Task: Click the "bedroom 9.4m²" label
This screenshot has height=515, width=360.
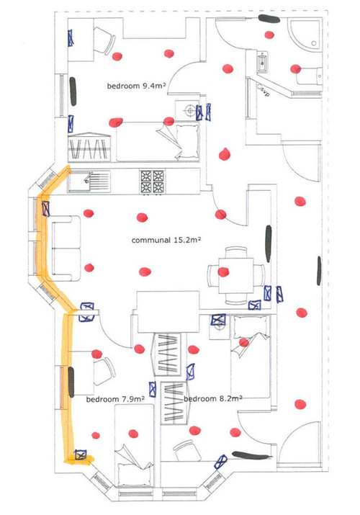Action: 136,86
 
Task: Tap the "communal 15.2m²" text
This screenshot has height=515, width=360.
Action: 166,240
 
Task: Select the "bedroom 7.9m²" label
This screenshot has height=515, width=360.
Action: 115,399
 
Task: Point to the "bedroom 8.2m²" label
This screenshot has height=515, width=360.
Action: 213,399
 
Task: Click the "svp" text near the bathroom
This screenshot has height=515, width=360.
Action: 265,91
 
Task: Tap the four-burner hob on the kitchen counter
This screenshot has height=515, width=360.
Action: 153,182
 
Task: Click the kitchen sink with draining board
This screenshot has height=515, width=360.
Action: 89,181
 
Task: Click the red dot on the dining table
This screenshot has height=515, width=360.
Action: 223,272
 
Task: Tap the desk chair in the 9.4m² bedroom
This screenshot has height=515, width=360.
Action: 104,40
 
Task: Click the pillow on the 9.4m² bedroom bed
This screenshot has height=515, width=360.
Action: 187,140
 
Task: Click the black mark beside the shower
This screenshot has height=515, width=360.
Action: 269,19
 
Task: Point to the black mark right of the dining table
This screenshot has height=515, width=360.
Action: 269,243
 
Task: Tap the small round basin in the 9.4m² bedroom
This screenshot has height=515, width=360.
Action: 189,111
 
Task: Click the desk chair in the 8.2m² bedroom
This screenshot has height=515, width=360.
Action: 187,450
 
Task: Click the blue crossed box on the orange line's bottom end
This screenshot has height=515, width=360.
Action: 80,455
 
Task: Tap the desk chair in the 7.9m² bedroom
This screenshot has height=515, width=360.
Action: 104,372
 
